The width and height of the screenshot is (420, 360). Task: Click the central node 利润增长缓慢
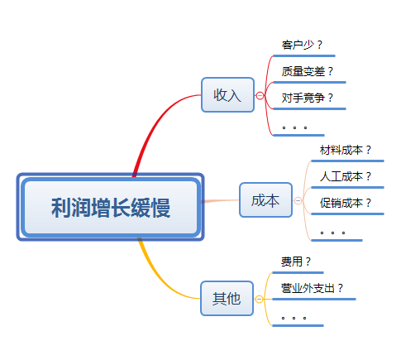[x=110, y=207]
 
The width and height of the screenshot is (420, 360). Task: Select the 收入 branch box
[x=227, y=94]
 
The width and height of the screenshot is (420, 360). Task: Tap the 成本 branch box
[x=265, y=200]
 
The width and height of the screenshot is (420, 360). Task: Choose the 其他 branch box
[x=227, y=298]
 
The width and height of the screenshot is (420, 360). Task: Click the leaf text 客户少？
[x=303, y=45]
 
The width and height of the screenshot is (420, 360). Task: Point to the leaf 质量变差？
[x=307, y=71]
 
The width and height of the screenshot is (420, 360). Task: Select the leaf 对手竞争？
[x=307, y=98]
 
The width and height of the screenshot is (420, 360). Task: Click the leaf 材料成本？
[x=346, y=151]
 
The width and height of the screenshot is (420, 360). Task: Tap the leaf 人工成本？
[x=346, y=176]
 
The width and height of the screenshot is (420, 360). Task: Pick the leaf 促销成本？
[x=346, y=202]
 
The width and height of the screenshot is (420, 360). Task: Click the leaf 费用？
[x=296, y=262]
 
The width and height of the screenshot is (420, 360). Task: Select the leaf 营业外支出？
[x=312, y=288]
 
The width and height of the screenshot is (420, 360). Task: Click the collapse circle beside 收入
[x=260, y=95]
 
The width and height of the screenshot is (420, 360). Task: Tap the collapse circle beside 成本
[x=298, y=200]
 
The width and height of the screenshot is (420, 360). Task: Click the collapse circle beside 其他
[x=260, y=298]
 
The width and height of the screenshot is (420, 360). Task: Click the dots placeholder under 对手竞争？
[x=294, y=127]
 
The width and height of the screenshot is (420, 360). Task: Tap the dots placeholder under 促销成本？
[x=332, y=233]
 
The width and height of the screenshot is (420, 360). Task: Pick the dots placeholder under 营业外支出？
[x=294, y=317]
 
